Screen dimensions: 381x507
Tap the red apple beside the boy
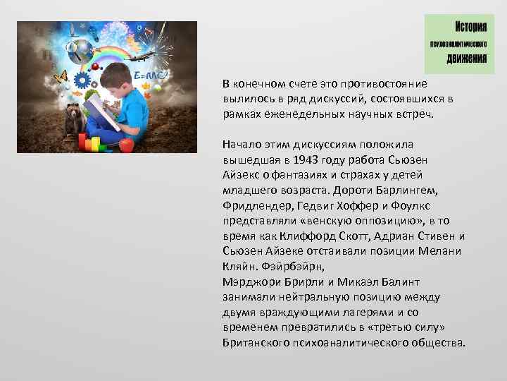point(127,145)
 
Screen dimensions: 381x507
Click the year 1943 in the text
point(294,160)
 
